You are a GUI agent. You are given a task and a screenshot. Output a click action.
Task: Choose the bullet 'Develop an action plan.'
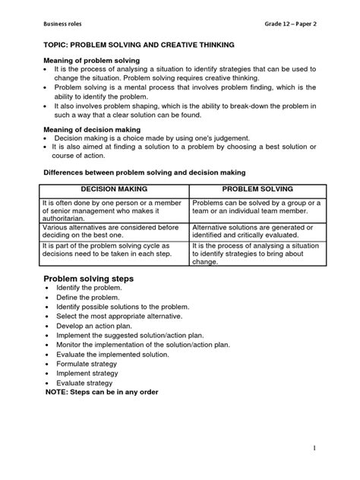94,325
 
